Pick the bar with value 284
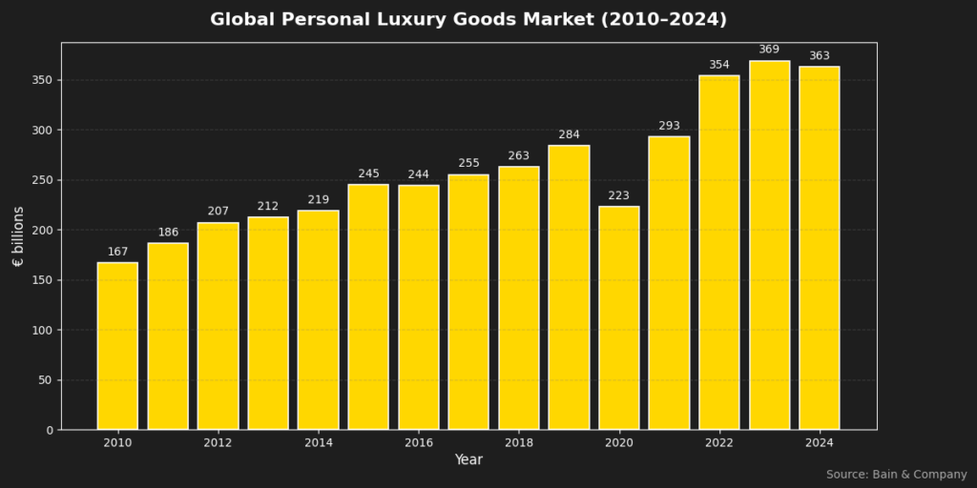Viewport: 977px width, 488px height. click(x=569, y=287)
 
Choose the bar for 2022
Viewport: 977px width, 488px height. click(x=719, y=253)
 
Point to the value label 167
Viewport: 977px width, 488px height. click(x=117, y=252)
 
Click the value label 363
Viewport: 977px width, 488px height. click(x=820, y=56)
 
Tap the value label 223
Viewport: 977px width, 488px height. click(x=619, y=195)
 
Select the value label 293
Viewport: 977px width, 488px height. click(x=669, y=126)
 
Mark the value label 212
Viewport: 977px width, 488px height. click(x=268, y=206)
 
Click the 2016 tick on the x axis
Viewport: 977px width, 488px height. click(x=419, y=443)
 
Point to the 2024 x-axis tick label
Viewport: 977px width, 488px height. click(x=820, y=443)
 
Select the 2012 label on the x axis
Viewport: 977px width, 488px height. click(x=218, y=443)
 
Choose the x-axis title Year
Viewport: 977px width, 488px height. click(x=468, y=460)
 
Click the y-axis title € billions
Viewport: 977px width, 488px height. click(x=18, y=235)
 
